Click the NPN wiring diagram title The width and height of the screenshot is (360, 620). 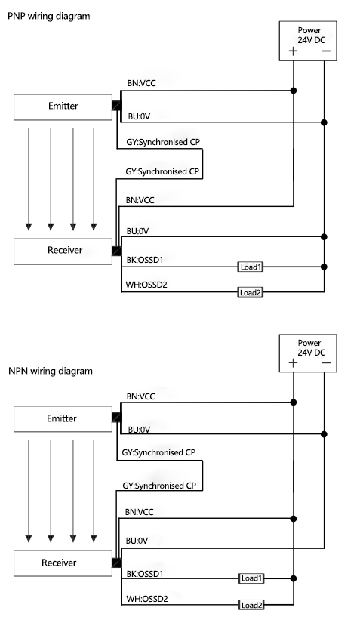50,371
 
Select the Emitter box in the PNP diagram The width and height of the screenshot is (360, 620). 63,107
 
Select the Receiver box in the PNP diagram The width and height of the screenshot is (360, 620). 63,251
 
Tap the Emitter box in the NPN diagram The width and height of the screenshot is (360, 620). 63,418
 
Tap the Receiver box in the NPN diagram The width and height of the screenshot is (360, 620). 63,563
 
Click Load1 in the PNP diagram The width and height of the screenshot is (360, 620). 250,267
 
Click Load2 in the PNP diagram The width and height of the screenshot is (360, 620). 250,291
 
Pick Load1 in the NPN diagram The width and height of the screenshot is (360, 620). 251,578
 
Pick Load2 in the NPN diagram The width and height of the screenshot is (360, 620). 251,605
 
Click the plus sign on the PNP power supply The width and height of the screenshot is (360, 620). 293,52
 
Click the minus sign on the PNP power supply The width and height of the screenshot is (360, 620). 325,52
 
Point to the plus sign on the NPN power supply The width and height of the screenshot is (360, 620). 293,363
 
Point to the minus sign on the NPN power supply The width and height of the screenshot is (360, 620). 325,363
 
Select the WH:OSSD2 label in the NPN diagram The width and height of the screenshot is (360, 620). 147,597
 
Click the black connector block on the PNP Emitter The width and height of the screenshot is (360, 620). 116,106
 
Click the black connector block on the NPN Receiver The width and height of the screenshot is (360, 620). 116,563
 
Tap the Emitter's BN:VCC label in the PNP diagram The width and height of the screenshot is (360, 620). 141,84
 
